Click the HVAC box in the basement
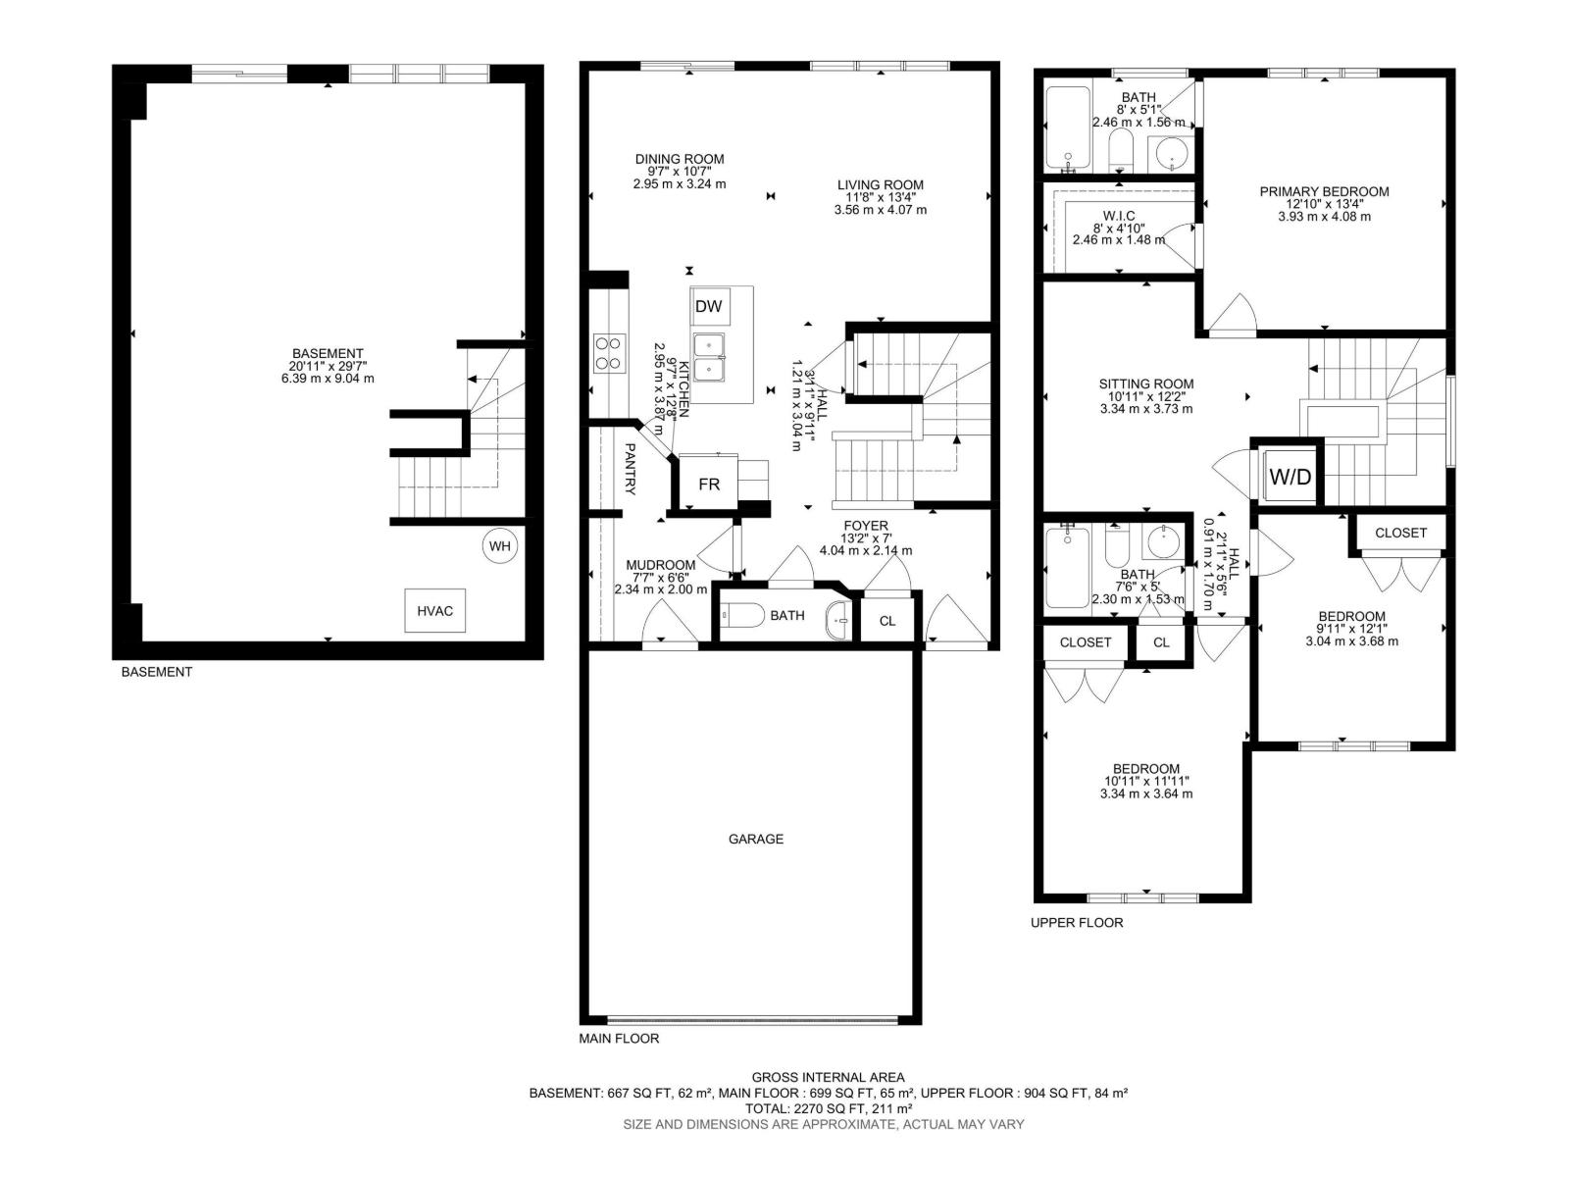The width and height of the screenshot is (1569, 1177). pyautogui.click(x=434, y=610)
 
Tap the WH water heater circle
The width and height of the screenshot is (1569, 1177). pyautogui.click(x=500, y=546)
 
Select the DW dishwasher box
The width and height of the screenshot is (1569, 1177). pyautogui.click(x=708, y=307)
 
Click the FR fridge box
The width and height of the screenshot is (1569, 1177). pyautogui.click(x=708, y=484)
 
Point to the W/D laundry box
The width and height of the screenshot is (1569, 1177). pyautogui.click(x=1290, y=476)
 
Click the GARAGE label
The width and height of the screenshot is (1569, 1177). pyautogui.click(x=755, y=839)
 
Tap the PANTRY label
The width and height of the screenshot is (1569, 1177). pyautogui.click(x=630, y=469)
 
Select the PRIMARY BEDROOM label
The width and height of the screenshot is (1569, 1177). pyautogui.click(x=1324, y=191)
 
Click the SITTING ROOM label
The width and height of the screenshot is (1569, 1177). pyautogui.click(x=1145, y=384)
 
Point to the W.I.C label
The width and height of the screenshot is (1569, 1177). pyautogui.click(x=1119, y=216)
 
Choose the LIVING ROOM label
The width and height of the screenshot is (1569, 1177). pyautogui.click(x=880, y=185)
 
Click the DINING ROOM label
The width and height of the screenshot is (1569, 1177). pyautogui.click(x=679, y=159)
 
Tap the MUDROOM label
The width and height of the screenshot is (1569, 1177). pyautogui.click(x=661, y=565)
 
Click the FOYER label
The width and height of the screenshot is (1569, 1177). pyautogui.click(x=865, y=526)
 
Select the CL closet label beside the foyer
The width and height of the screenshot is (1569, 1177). pyautogui.click(x=887, y=621)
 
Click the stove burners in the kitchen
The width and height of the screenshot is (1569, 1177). pyautogui.click(x=609, y=353)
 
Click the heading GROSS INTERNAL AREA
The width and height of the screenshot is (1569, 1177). pyautogui.click(x=828, y=1077)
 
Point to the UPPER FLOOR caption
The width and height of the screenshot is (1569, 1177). pyautogui.click(x=1077, y=923)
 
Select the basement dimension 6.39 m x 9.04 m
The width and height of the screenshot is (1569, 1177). pyautogui.click(x=328, y=379)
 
